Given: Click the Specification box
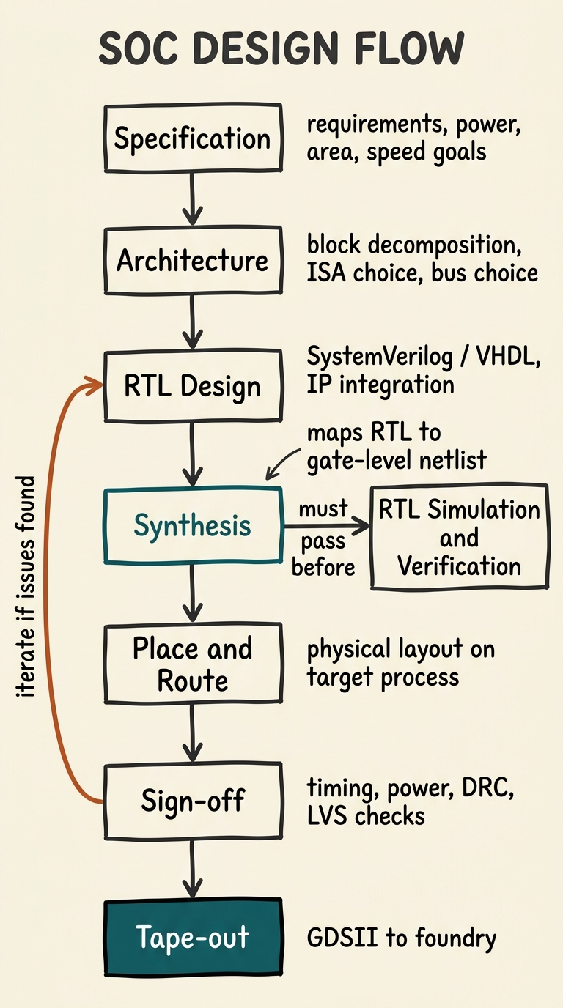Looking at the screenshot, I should click(192, 138).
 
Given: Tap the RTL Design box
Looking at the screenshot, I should click(192, 386).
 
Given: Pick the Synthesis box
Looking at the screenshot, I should click(192, 525).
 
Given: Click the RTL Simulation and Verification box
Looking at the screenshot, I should click(459, 537).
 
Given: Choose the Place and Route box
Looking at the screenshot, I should click(192, 664).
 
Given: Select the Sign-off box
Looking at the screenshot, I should click(192, 801).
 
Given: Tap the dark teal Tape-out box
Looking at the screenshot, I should click(192, 938).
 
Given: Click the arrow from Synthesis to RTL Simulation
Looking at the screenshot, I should click(326, 525).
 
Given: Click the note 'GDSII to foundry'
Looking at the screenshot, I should click(401, 938).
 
